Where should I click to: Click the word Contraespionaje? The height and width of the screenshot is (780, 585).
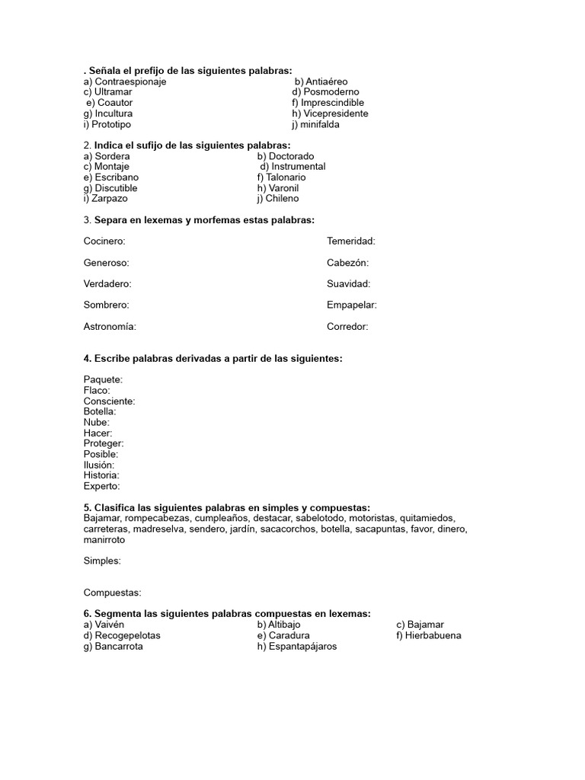[x=130, y=82]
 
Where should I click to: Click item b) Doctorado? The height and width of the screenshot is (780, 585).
[x=286, y=156]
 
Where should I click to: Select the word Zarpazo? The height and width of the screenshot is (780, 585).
[x=110, y=199]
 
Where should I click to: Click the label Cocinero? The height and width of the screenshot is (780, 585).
[x=104, y=241]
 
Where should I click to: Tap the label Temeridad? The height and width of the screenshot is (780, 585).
[x=351, y=241]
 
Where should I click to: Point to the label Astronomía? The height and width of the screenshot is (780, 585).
[x=110, y=327]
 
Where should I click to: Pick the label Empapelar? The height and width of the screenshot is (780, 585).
[x=352, y=305]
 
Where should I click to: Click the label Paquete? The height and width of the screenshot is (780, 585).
[x=103, y=379]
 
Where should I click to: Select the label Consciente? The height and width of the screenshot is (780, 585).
[x=110, y=401]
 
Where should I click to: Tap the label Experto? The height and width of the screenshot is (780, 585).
[x=102, y=486]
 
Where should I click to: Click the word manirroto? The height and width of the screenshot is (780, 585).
[x=104, y=540]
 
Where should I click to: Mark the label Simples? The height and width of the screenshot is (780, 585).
[x=102, y=561]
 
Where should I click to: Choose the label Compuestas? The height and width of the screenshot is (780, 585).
[x=113, y=593]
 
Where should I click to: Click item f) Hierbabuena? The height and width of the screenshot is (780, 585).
[x=428, y=635]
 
